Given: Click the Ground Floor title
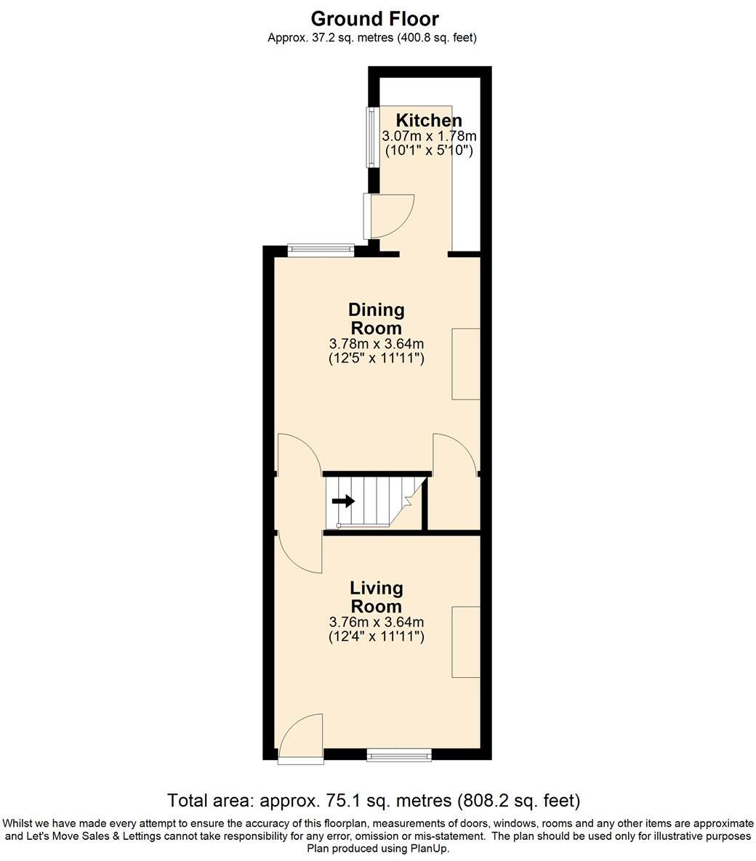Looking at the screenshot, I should (x=374, y=18).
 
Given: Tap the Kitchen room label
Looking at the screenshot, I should (x=428, y=121).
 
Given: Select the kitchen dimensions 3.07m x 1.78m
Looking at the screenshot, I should (x=429, y=136).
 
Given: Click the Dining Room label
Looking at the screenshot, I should (x=376, y=319).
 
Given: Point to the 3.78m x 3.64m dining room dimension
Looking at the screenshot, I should (x=376, y=344).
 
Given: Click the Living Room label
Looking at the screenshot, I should (x=376, y=597).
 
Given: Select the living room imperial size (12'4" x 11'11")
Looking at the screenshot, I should (x=376, y=636).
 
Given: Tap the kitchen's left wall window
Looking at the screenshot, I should (x=371, y=137).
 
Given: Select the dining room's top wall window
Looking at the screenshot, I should (x=321, y=249).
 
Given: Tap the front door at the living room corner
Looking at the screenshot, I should (x=301, y=737).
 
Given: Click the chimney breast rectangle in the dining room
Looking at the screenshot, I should (x=466, y=363).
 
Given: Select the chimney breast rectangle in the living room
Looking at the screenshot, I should (x=466, y=642).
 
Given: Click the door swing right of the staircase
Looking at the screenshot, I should (x=454, y=454).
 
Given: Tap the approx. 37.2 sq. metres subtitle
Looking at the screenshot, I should (x=371, y=37).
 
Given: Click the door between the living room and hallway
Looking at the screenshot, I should (x=299, y=552).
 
